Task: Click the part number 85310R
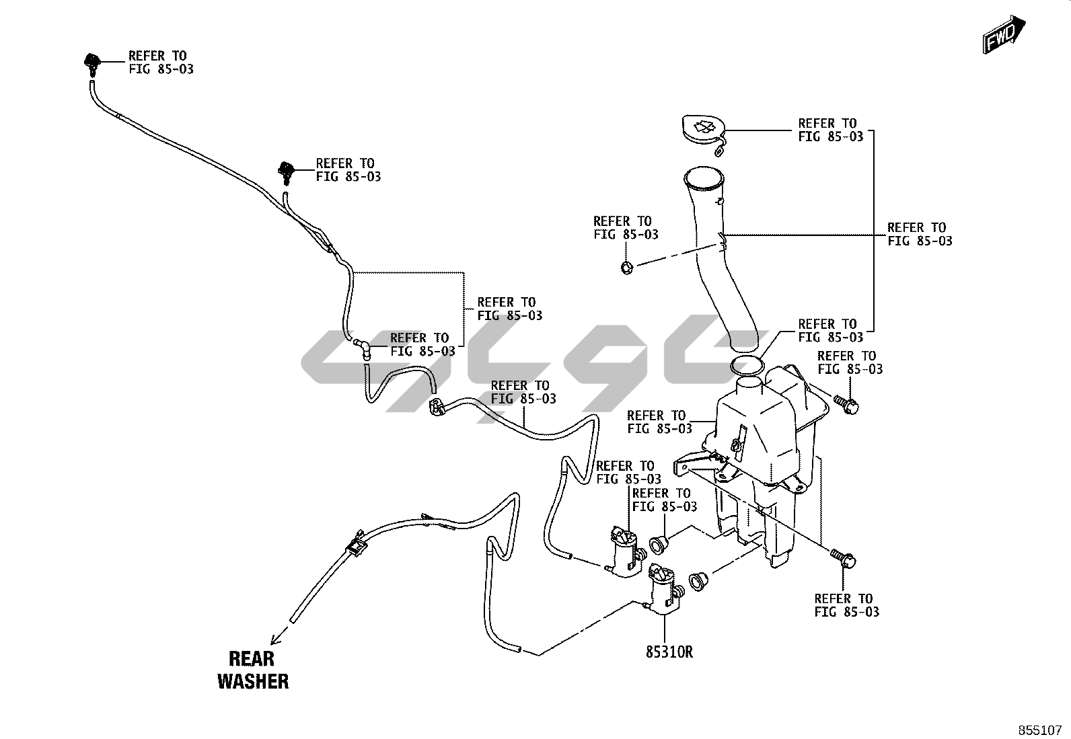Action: [669, 652]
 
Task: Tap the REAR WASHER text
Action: [253, 669]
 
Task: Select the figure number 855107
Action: [1039, 730]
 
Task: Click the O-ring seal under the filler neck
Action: [747, 366]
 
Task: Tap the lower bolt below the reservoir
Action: [842, 557]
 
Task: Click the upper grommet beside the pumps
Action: [658, 543]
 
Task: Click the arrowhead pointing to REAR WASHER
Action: [274, 640]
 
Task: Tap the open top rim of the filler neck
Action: [704, 178]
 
